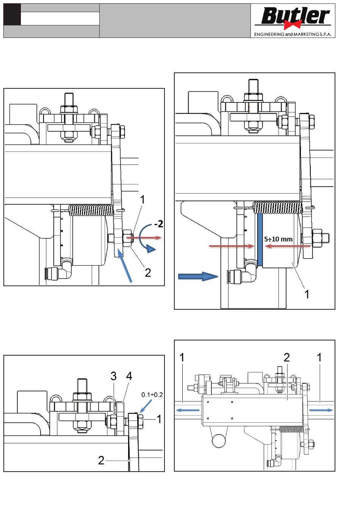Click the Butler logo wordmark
(295, 16)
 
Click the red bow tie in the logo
(293, 25)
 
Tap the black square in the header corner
(12, 14)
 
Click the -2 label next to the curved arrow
(158, 224)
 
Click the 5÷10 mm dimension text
(278, 239)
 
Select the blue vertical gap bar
(260, 239)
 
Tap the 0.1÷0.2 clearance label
(152, 395)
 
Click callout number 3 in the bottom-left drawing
(114, 376)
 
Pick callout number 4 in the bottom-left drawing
(129, 376)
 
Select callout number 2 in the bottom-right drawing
(286, 357)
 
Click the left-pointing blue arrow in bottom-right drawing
(188, 410)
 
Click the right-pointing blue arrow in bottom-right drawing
(321, 410)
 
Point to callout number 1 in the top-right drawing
(307, 295)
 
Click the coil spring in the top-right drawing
(277, 207)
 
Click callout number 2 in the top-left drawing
(148, 273)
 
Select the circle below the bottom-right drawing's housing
(219, 441)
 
